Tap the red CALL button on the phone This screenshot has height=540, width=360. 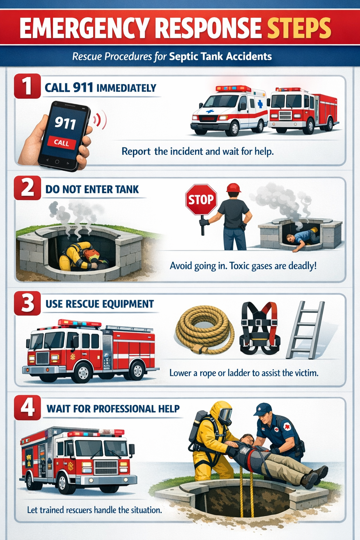pos(62,142)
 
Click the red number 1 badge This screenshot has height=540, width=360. pos(27,86)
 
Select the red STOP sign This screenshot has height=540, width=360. pos(201,200)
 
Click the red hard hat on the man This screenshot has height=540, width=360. pos(233,188)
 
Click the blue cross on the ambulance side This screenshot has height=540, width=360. pos(260,104)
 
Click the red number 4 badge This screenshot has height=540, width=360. pos(27,408)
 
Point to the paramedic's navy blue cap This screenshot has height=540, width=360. pos(263,409)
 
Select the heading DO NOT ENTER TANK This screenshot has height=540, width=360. pos(92,189)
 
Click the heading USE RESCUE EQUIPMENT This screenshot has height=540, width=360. pos(100,304)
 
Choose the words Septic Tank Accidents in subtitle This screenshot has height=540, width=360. pos(220,57)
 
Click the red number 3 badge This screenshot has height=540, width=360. pos(27,303)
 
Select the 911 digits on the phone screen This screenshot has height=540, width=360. pos(65,123)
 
